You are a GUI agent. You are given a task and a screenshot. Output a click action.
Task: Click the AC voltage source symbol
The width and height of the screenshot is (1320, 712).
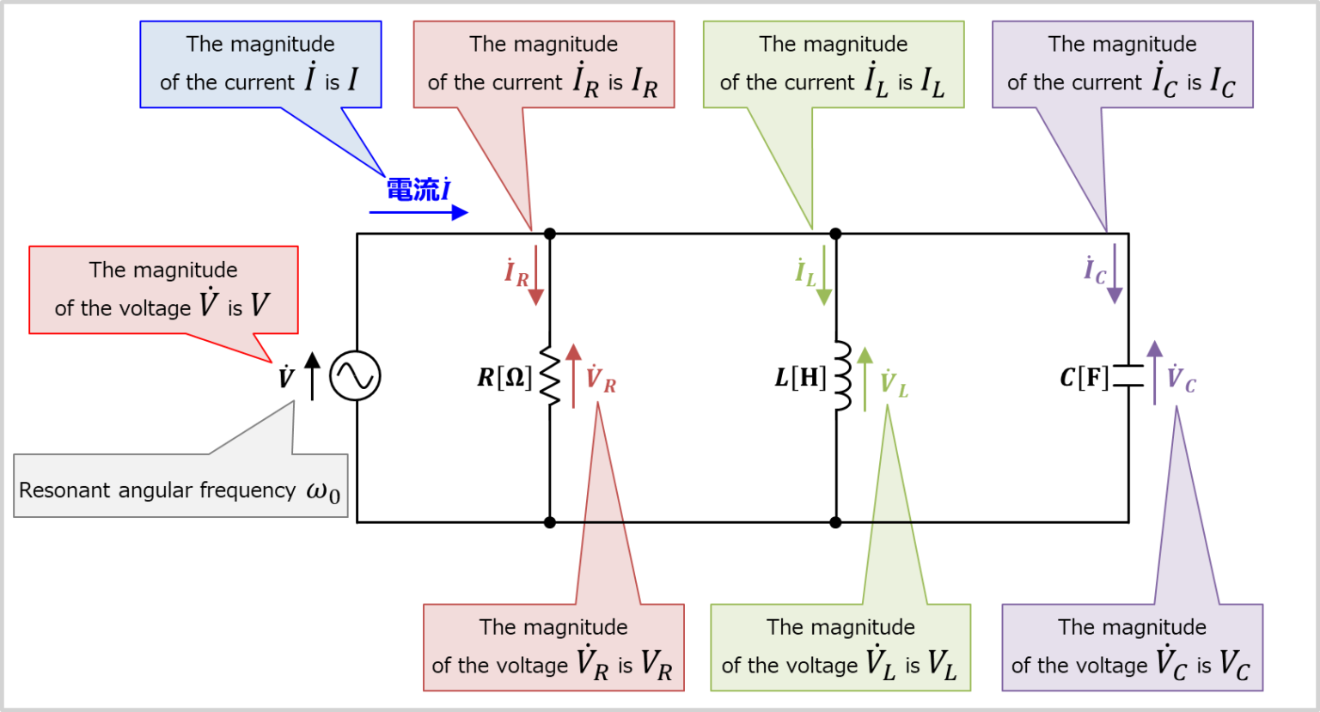tap(355, 376)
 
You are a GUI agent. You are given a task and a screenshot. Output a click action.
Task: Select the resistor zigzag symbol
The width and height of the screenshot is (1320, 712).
tap(550, 376)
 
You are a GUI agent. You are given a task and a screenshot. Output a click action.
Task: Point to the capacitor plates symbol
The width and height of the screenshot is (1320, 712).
tap(1128, 376)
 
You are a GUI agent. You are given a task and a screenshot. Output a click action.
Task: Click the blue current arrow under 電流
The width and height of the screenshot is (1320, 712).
tap(419, 212)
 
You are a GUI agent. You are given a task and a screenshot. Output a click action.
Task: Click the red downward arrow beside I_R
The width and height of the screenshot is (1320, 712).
tap(535, 276)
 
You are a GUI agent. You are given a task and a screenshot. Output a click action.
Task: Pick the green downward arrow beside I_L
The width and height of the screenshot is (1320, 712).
tap(823, 276)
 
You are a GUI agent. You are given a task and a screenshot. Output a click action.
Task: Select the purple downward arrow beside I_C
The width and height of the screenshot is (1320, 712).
tap(1115, 275)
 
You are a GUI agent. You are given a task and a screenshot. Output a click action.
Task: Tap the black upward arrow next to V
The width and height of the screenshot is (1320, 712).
tap(313, 376)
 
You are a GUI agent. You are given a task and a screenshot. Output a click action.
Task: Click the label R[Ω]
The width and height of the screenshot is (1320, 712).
tap(505, 377)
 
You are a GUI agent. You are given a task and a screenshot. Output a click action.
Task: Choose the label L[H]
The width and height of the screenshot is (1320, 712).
tap(800, 377)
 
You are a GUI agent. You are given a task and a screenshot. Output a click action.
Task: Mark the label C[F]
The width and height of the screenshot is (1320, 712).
tap(1084, 377)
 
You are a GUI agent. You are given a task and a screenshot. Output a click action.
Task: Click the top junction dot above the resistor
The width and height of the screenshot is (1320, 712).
tap(550, 234)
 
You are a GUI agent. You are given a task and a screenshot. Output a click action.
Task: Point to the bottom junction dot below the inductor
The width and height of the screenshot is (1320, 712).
tap(835, 522)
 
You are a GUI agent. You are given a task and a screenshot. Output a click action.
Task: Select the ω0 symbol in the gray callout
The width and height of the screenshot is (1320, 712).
tap(323, 491)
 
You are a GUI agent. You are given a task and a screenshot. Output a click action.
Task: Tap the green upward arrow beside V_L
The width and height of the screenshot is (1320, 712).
tap(865, 378)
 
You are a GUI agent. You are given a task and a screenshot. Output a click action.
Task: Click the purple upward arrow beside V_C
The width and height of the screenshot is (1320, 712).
tap(1155, 373)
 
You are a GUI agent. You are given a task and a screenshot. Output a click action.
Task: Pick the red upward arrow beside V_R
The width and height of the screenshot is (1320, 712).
tap(573, 376)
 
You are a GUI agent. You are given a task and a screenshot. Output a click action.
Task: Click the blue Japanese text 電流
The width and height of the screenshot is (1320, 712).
tap(412, 189)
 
